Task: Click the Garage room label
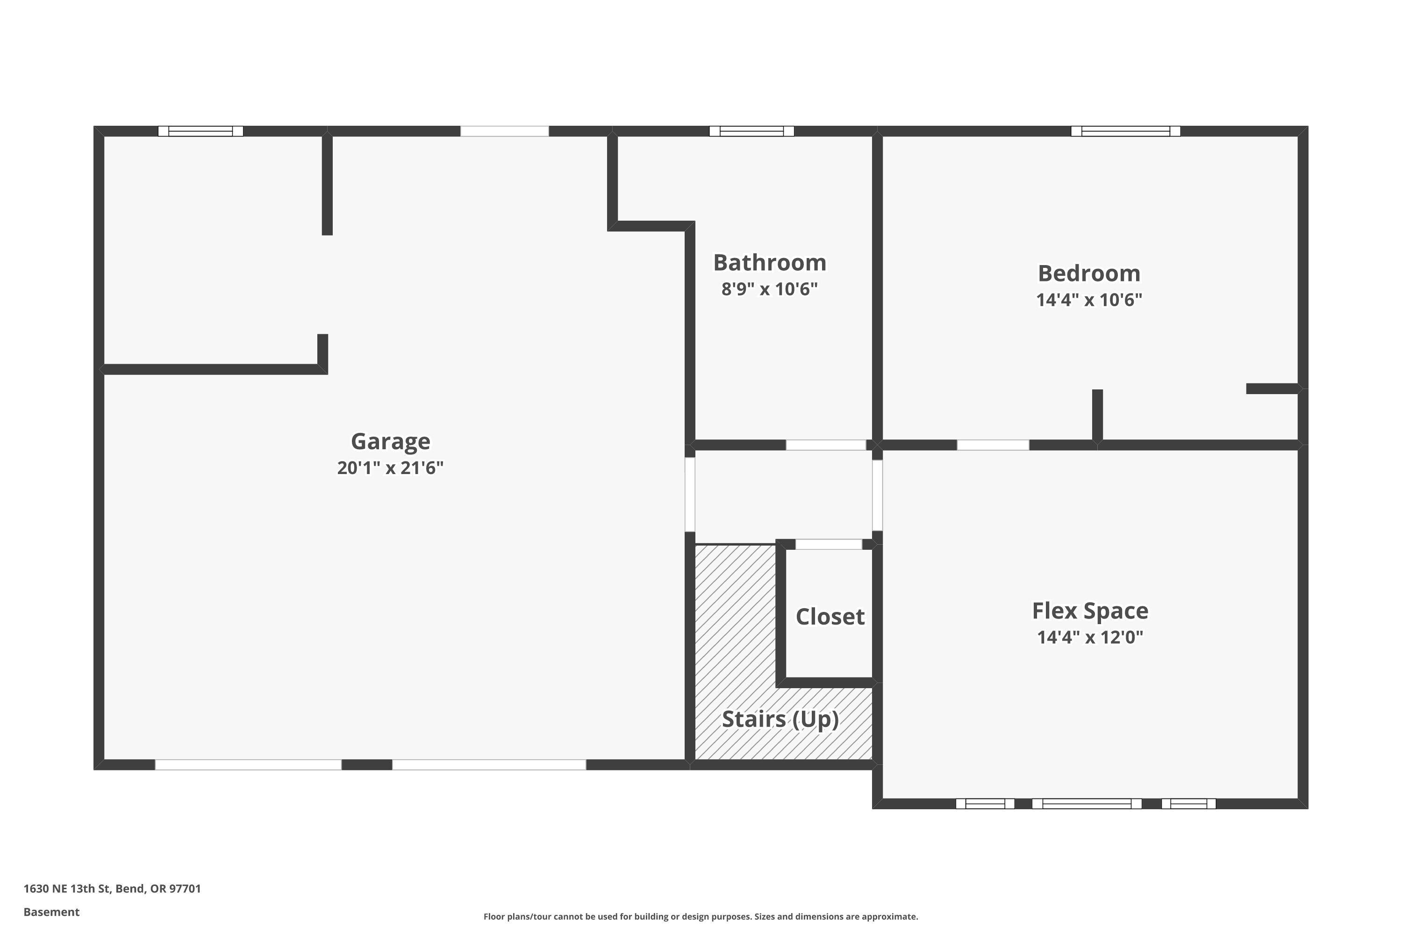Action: click(390, 442)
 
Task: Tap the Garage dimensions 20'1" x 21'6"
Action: click(390, 468)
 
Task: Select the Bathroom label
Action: click(770, 263)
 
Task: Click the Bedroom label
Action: click(1089, 273)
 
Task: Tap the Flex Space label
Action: click(1090, 611)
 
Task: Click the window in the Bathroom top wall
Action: click(751, 131)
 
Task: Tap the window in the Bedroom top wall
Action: click(1125, 131)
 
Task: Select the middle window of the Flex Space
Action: click(1086, 804)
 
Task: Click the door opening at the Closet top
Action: click(829, 544)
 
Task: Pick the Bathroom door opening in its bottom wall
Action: click(826, 445)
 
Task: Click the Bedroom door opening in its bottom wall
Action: click(993, 445)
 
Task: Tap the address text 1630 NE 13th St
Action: click(112, 889)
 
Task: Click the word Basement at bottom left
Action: click(51, 912)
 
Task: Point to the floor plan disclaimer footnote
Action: click(701, 916)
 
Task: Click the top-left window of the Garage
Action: click(200, 131)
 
